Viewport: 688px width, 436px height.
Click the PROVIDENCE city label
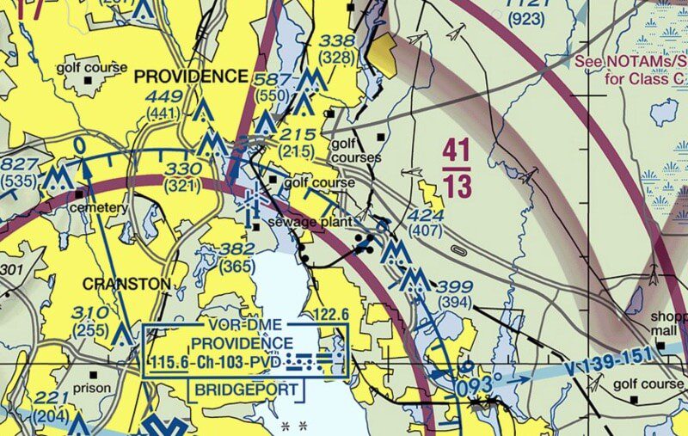pyautogui.click(x=190, y=77)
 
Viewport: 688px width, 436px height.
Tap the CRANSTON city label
pyautogui.click(x=126, y=283)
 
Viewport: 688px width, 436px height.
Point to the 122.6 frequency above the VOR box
pyautogui.click(x=330, y=316)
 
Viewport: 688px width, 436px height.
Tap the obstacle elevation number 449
pyautogui.click(x=163, y=95)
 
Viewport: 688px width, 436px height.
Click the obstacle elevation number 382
pyautogui.click(x=237, y=249)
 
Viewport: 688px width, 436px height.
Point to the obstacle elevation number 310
pyautogui.click(x=90, y=312)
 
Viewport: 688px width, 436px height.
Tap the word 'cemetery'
pyautogui.click(x=99, y=207)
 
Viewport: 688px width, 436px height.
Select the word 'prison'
pyautogui.click(x=92, y=388)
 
